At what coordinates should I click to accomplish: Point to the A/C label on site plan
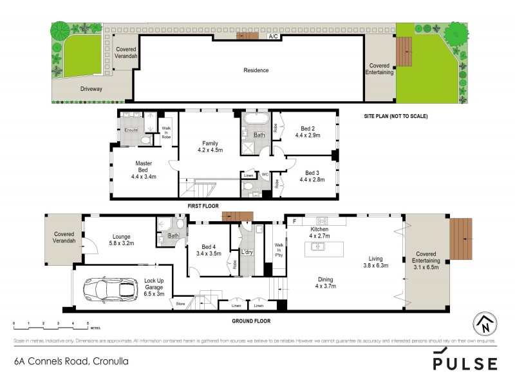click(x=273, y=37)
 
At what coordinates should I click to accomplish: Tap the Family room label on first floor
click(x=210, y=147)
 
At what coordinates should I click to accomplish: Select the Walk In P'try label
click(x=278, y=250)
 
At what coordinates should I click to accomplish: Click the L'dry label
click(x=248, y=252)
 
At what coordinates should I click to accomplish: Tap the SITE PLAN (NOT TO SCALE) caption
click(x=395, y=116)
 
